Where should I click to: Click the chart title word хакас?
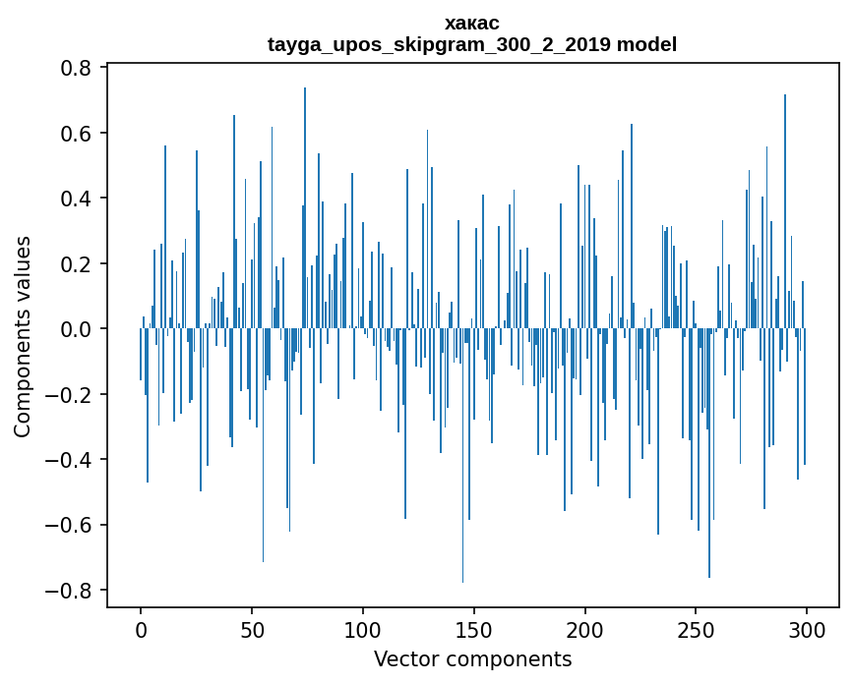(472, 23)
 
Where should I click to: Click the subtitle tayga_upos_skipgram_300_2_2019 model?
(472, 44)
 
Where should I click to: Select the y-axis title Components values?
(23, 336)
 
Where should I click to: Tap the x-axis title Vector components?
(472, 658)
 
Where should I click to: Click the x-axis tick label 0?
(141, 628)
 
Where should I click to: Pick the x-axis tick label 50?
(252, 628)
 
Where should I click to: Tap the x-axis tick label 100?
(363, 628)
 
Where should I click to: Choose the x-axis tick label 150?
(474, 628)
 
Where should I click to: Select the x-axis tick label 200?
(585, 628)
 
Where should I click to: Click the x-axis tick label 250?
(697, 628)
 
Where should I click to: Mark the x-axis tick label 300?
(807, 628)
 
